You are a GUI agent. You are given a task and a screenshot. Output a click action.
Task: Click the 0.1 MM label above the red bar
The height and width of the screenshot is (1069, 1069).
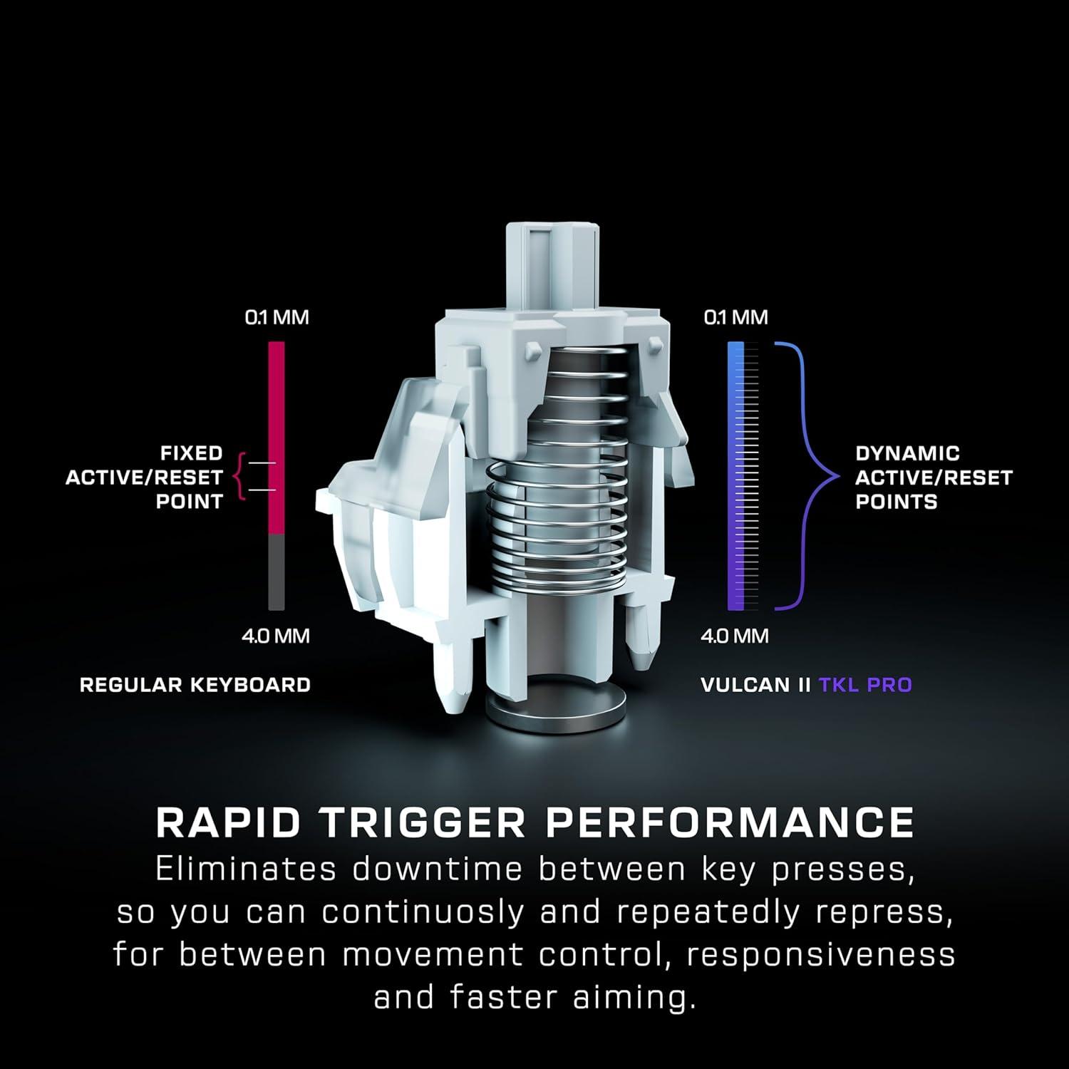click(277, 317)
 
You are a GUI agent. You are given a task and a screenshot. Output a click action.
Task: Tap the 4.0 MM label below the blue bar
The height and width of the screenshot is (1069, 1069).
click(735, 636)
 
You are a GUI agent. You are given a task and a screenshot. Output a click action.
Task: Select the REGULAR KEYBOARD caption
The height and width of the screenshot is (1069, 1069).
click(195, 685)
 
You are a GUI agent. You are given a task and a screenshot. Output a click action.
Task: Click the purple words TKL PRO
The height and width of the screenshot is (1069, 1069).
click(865, 685)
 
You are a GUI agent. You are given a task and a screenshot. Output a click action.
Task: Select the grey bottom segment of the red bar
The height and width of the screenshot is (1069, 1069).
click(277, 572)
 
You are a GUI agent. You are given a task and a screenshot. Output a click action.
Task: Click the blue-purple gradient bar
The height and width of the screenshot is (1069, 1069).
click(735, 477)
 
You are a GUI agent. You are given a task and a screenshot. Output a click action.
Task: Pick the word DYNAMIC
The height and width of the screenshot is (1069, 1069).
click(907, 453)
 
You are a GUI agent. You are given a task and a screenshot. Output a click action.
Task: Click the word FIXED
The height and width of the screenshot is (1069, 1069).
click(191, 453)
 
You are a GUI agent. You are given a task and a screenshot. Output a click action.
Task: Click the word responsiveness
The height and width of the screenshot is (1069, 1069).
click(820, 955)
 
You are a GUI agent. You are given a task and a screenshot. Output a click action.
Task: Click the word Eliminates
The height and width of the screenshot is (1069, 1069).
click(245, 870)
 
